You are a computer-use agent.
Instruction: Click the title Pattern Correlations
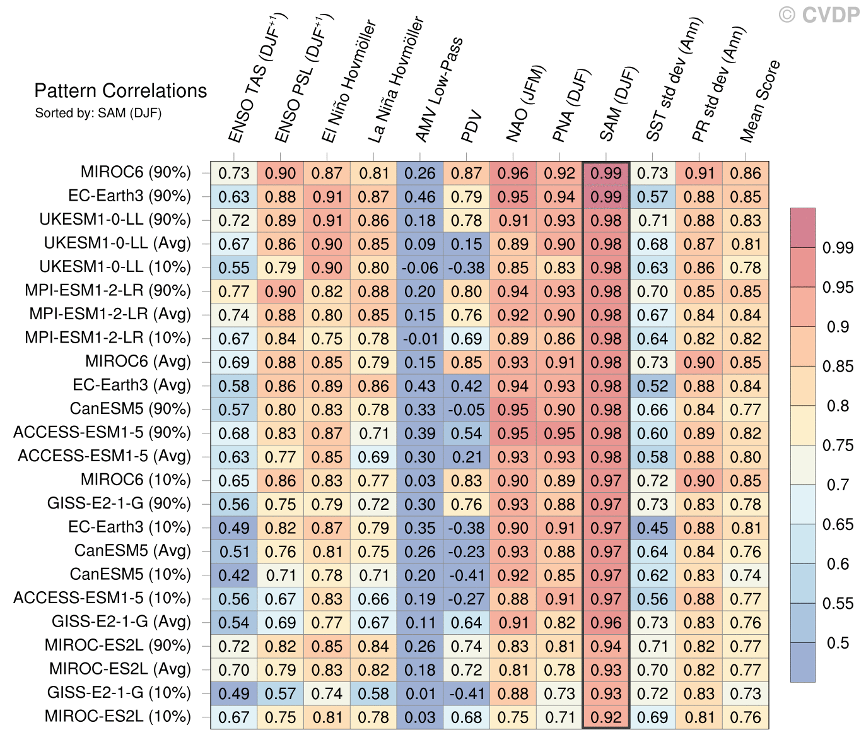pyautogui.click(x=120, y=91)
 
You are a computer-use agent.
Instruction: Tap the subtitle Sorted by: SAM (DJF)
pyautogui.click(x=98, y=114)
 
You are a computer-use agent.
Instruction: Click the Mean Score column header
pyautogui.click(x=760, y=101)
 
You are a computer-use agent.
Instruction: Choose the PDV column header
pyautogui.click(x=472, y=126)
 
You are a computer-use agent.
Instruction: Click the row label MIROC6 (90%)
pyautogui.click(x=136, y=172)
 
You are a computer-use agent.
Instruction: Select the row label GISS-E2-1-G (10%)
pyautogui.click(x=119, y=693)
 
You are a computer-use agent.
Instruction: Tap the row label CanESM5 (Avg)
pyautogui.click(x=132, y=551)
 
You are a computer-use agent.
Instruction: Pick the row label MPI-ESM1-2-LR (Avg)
pyautogui.click(x=110, y=314)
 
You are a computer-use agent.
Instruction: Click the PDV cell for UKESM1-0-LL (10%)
pyautogui.click(x=467, y=268)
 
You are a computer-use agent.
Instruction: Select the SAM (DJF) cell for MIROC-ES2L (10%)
pyautogui.click(x=606, y=717)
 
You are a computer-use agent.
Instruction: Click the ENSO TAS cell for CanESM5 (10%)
pyautogui.click(x=234, y=575)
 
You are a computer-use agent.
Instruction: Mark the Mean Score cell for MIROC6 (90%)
pyautogui.click(x=746, y=173)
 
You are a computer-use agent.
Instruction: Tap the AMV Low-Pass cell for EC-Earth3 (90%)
pyautogui.click(x=420, y=196)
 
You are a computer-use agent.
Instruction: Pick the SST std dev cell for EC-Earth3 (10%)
pyautogui.click(x=652, y=527)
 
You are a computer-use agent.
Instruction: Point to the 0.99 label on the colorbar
pyautogui.click(x=838, y=248)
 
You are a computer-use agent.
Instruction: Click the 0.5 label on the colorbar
pyautogui.click(x=838, y=643)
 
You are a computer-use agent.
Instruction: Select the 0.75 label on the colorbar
pyautogui.click(x=838, y=445)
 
